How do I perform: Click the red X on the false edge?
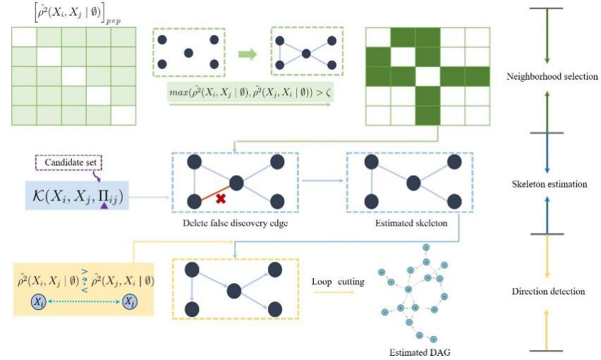220,200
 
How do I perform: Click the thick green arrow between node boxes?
248,53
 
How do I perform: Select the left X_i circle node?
41,302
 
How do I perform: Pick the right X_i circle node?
130,302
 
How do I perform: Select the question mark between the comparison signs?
85,280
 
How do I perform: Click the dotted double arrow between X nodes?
85,302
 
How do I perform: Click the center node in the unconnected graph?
188,53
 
